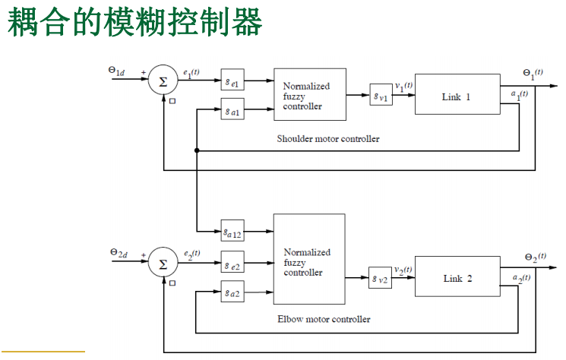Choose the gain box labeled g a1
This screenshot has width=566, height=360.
(x=232, y=110)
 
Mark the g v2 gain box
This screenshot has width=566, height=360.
(x=381, y=277)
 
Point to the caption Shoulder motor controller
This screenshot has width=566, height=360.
(x=328, y=139)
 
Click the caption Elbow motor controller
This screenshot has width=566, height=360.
(x=324, y=319)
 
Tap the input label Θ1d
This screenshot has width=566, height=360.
(x=117, y=71)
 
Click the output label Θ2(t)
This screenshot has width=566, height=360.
(x=535, y=258)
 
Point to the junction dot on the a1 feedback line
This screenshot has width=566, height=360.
(x=197, y=151)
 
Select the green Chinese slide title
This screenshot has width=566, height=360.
(x=135, y=23)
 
